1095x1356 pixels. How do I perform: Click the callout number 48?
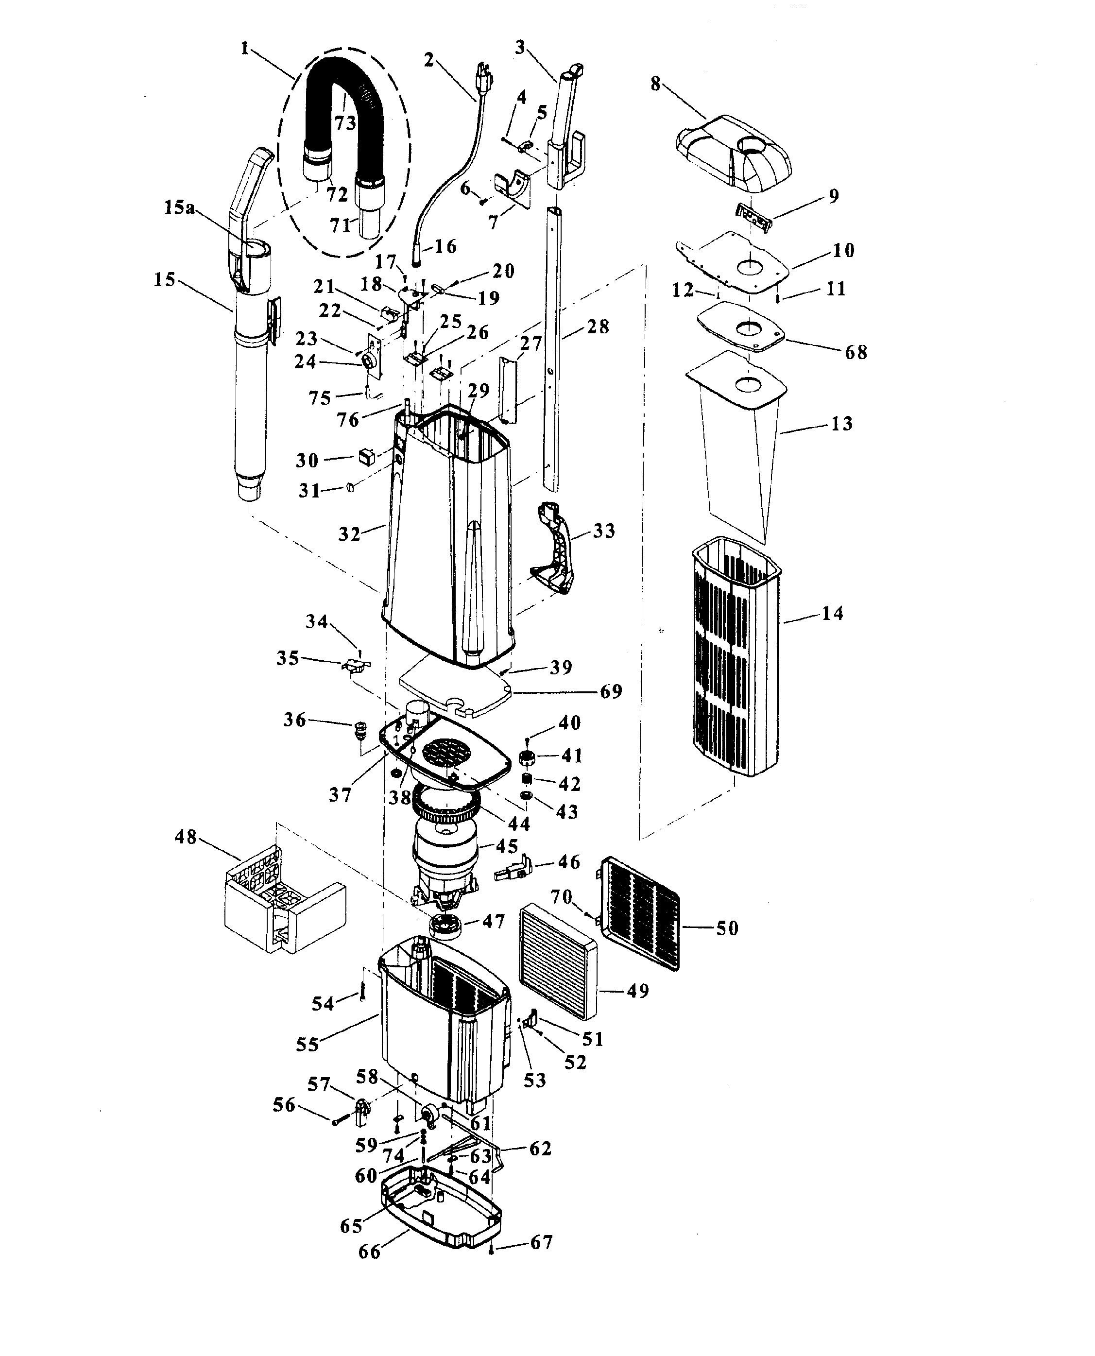[186, 838]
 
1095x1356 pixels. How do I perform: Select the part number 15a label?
[179, 207]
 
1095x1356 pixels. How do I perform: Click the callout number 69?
[611, 691]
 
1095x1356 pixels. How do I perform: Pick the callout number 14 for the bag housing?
[833, 613]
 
